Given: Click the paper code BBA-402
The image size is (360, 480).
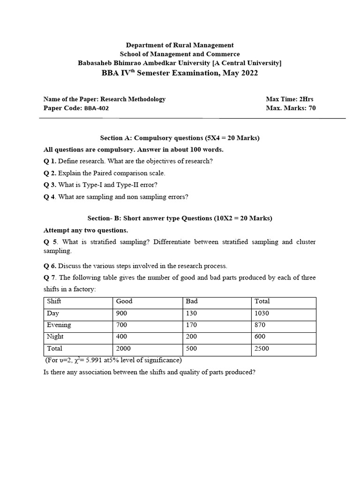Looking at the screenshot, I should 97,108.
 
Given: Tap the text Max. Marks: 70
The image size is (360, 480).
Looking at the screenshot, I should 291,108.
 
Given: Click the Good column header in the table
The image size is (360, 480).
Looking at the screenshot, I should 124,301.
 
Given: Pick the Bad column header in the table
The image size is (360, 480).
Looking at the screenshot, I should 192,301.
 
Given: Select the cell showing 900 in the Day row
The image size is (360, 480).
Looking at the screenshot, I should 121,313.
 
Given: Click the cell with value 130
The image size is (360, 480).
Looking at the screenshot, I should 192,313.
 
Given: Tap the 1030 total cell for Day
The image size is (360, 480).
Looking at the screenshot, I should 262,313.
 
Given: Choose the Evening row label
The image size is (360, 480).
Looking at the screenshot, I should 59,325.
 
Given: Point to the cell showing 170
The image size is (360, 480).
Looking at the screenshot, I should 192,325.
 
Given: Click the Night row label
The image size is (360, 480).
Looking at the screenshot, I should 55,337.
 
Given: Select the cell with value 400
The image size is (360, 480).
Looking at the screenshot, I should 121,337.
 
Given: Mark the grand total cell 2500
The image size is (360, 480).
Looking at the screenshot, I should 262,349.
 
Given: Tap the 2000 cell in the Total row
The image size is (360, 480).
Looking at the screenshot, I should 123,349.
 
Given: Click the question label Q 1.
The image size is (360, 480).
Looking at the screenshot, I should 49,161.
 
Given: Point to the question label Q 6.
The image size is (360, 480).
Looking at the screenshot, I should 50,266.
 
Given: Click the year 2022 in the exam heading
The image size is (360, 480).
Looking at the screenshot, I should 248,73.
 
